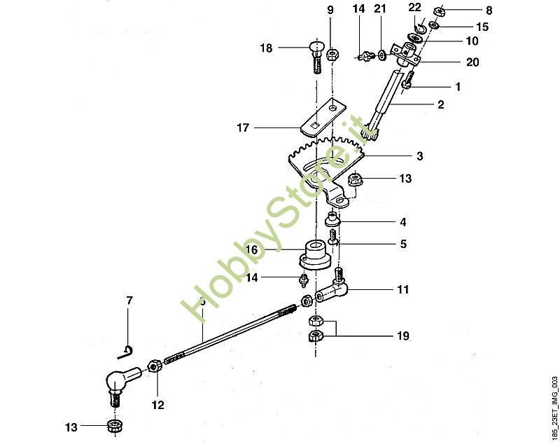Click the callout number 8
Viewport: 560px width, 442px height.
click(489, 11)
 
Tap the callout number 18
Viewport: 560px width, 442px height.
click(266, 48)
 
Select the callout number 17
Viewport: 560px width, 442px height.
click(243, 128)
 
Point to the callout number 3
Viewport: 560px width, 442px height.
click(420, 156)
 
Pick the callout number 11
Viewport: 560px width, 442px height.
click(402, 289)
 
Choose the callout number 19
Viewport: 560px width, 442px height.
click(402, 336)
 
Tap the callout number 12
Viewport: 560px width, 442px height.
click(157, 404)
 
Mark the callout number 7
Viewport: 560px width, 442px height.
click(129, 301)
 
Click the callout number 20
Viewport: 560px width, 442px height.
click(472, 62)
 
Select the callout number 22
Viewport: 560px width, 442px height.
click(415, 7)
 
